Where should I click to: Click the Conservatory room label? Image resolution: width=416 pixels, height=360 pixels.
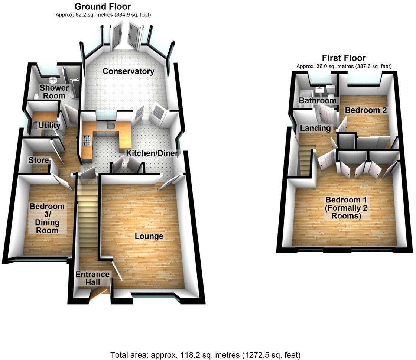click(x=128, y=71)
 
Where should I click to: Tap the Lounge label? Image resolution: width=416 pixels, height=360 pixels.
click(x=149, y=236)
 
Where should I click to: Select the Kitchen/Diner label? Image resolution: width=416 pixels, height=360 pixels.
click(x=152, y=153)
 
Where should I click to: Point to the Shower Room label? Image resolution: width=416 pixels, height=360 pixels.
click(x=54, y=91)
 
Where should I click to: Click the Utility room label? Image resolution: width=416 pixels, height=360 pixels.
click(x=49, y=125)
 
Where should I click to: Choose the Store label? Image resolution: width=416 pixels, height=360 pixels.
click(x=39, y=160)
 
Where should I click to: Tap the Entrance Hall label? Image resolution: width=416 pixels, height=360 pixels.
click(x=92, y=278)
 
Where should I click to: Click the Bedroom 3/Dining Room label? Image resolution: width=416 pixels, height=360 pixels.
click(x=47, y=218)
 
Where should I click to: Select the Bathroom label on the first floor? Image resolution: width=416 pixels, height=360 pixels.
click(x=318, y=100)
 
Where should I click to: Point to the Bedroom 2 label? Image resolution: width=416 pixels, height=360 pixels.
click(x=366, y=110)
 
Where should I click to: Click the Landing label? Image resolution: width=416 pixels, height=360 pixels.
click(x=315, y=128)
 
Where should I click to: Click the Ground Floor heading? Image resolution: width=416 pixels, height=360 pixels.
click(x=103, y=6)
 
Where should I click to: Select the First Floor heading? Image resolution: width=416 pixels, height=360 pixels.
click(x=344, y=58)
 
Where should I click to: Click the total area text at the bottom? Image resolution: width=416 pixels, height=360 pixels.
click(x=205, y=354)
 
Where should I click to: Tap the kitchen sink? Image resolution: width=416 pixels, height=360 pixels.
click(x=110, y=126)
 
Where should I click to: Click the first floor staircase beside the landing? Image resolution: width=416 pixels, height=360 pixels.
click(x=306, y=162)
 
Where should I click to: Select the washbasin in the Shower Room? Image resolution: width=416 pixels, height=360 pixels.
click(x=54, y=80)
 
